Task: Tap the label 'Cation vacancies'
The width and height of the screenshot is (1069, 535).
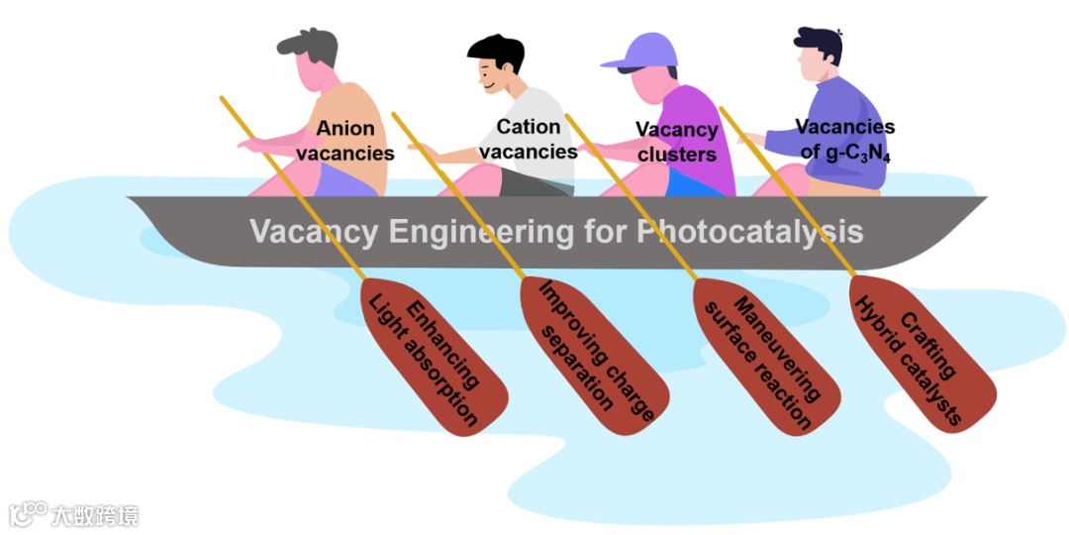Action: click(534, 139)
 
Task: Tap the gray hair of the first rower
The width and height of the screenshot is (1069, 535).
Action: click(308, 42)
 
